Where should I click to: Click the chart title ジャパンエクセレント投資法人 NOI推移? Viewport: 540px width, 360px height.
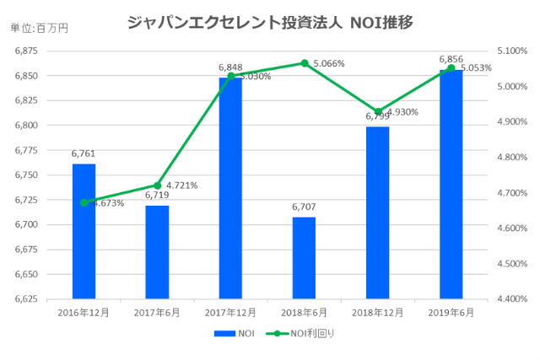pos(269,22)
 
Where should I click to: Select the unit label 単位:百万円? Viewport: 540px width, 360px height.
pos(40,29)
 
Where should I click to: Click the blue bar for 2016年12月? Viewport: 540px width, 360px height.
pos(84,231)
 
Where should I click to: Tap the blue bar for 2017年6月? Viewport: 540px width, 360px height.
pos(157,252)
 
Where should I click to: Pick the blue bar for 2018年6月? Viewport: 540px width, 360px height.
pos(304,258)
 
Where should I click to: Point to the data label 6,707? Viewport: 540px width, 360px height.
pos(304,207)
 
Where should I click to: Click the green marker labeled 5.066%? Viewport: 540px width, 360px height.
pos(305,63)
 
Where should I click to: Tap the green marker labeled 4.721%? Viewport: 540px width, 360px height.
pos(157,185)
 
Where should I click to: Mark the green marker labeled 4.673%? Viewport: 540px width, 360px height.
pos(84,202)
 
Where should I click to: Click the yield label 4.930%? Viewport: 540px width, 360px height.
pos(402,112)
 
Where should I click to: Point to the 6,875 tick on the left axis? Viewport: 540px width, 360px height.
pos(28,51)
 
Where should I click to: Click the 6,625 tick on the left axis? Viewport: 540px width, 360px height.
pos(28,299)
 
